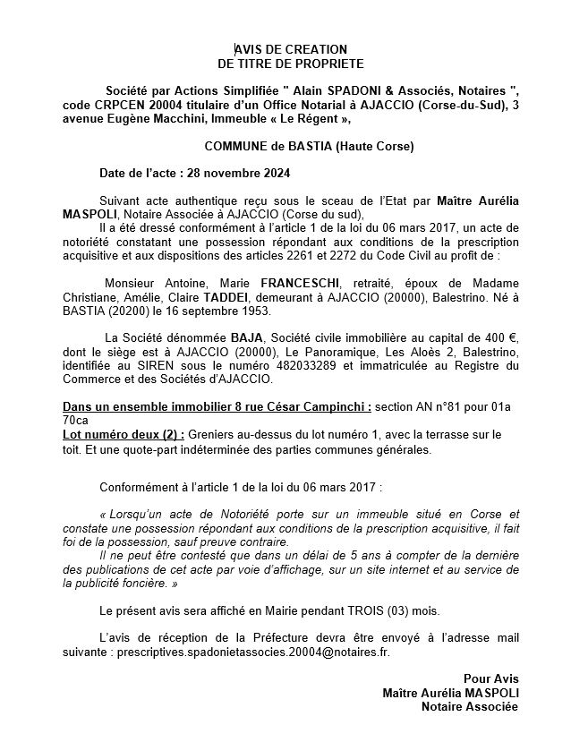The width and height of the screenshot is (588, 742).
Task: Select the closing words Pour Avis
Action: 490,678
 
